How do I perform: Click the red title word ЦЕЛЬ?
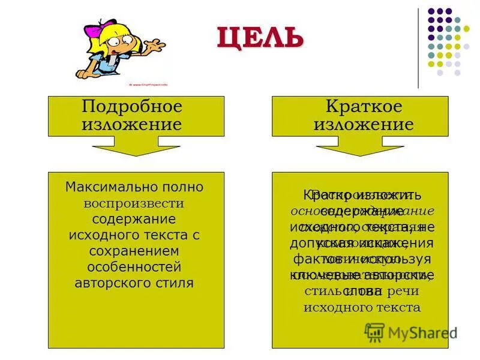click(260, 38)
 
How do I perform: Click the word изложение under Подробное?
click(131, 124)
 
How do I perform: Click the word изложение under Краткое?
click(364, 124)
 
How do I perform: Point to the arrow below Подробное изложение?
click(136, 146)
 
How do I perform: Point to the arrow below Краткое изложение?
click(360, 146)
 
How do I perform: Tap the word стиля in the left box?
click(176, 283)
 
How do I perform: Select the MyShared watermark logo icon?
click(374, 332)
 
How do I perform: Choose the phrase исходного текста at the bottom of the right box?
click(361, 308)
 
